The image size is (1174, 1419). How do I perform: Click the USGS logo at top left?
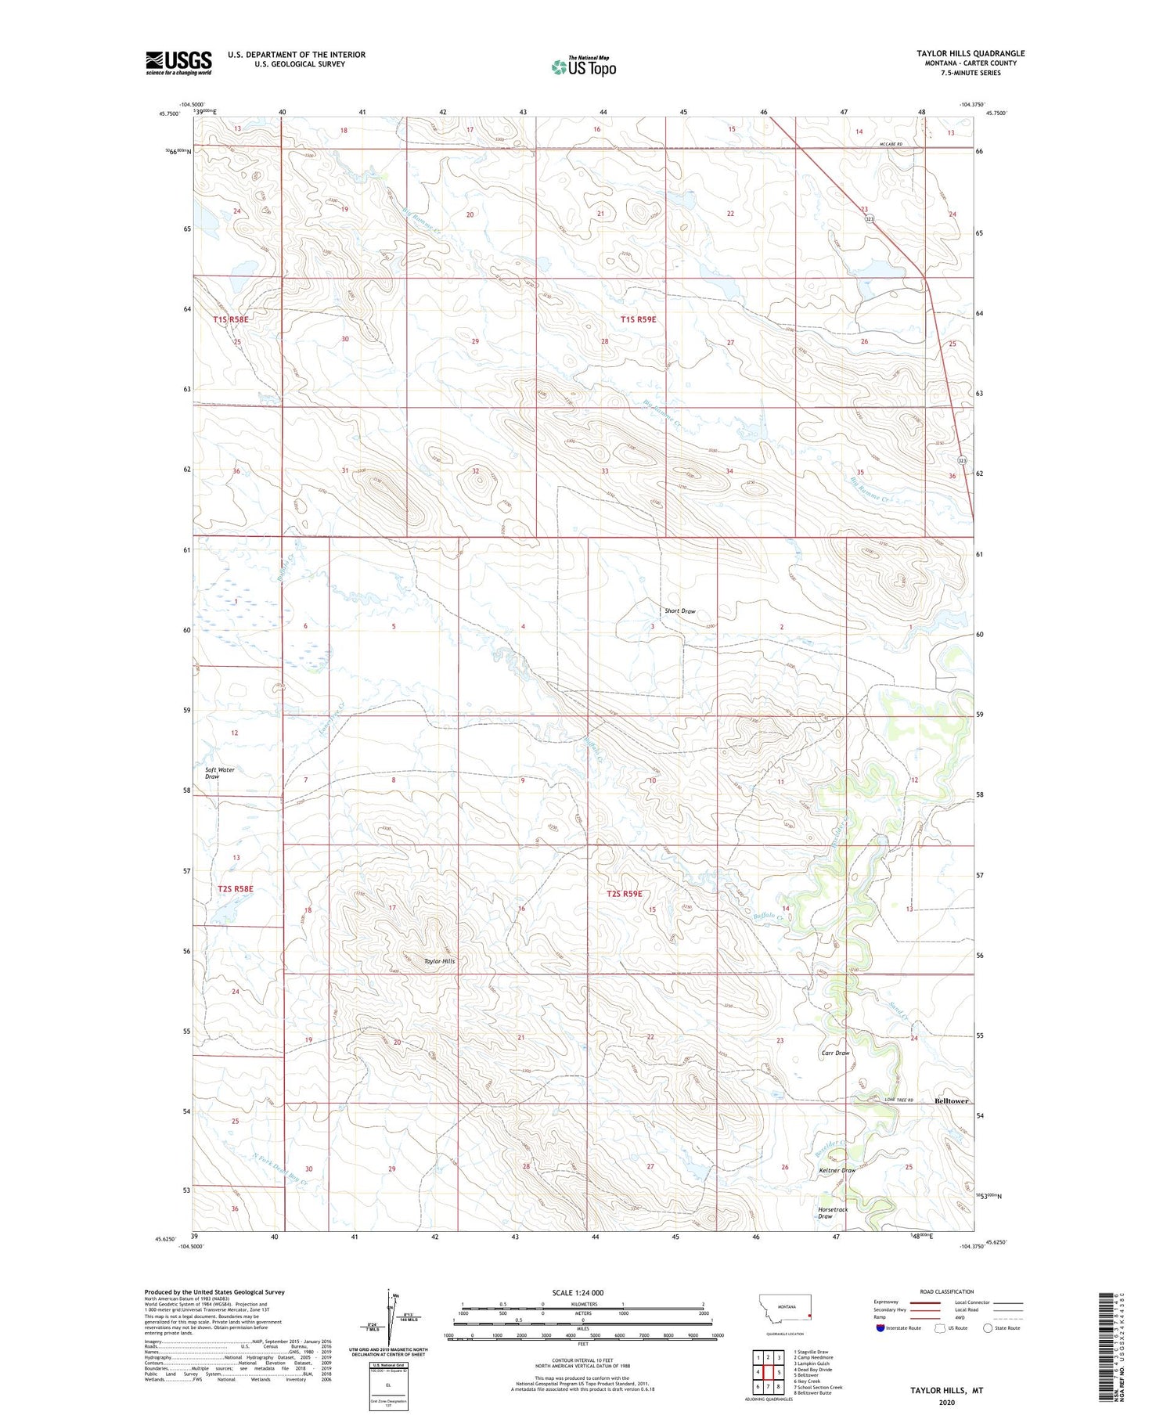coord(178,63)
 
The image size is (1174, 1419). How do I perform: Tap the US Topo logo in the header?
coord(583,67)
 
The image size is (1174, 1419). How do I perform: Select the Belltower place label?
coord(952,1100)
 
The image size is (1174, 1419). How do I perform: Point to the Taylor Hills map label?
coord(439,961)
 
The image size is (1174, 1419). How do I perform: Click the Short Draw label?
coord(679,611)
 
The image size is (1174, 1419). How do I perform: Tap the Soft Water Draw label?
coord(219,773)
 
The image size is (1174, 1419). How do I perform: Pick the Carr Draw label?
coord(835,1053)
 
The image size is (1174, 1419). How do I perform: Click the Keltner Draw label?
coord(837,1170)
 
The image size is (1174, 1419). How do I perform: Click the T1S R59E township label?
coord(638,319)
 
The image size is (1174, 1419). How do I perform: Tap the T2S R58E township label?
coord(236,889)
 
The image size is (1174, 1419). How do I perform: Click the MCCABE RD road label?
coord(890,144)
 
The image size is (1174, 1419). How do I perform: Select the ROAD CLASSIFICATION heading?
coord(946,1291)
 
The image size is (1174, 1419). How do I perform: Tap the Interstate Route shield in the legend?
coord(880,1327)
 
